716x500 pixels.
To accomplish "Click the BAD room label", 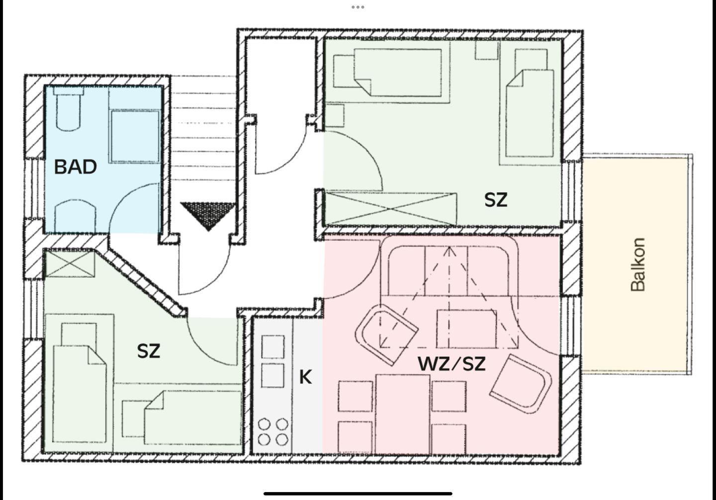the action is coord(76,167).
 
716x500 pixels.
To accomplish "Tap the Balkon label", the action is coord(638,264).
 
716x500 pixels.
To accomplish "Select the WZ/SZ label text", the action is coord(451,364).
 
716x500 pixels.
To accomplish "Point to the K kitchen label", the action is coord(305,377).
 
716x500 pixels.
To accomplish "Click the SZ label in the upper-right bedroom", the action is coord(496,200).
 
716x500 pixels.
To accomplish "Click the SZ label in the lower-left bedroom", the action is coord(149,351).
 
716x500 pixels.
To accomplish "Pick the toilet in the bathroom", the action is coord(69,109).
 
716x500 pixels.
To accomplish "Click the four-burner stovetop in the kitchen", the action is coord(273,432).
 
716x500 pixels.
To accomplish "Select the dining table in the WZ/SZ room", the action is coord(402,414).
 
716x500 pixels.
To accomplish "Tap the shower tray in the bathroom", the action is coord(135,136).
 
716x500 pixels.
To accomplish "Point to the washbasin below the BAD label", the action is coord(75,216).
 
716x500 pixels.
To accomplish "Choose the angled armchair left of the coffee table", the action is coord(387,334).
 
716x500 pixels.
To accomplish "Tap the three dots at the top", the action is coord(358,7).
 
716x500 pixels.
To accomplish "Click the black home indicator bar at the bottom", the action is coord(358,494).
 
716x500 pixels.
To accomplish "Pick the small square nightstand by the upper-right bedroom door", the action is coord(335,115).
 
